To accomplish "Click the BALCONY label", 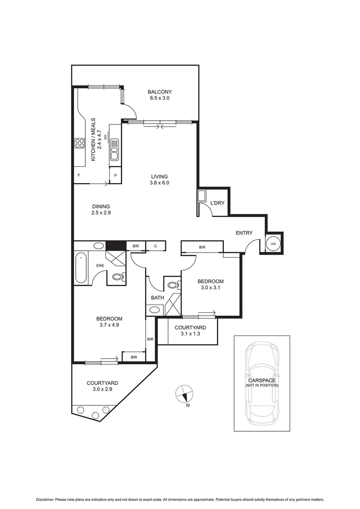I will click(x=159, y=92).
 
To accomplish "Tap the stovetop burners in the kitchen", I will click(x=79, y=143).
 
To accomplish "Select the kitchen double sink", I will click(x=115, y=153).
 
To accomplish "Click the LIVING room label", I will click(x=159, y=177).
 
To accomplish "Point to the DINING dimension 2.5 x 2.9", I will click(x=101, y=213).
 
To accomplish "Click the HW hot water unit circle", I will click(x=273, y=244).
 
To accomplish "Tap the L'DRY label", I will click(x=217, y=203).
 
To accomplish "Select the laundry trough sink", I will click(x=202, y=197).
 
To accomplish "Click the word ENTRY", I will click(x=244, y=233).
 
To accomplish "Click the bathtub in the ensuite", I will click(x=81, y=268).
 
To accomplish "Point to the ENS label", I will click(x=100, y=266).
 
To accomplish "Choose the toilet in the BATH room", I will click(x=172, y=285).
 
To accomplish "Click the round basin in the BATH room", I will click(x=154, y=310).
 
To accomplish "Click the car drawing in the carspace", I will click(x=262, y=382).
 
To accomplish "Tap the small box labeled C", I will click(x=155, y=246).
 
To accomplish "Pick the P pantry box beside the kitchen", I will click(x=115, y=176).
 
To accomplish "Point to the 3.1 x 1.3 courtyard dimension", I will click(x=190, y=334).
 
